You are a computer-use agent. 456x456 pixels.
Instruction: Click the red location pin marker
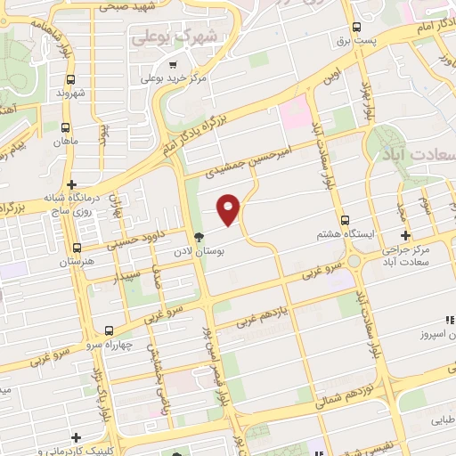tap(229, 209)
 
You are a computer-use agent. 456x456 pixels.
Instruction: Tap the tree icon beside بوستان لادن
tap(200, 237)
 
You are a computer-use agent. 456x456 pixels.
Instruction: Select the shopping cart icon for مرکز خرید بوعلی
tap(173, 64)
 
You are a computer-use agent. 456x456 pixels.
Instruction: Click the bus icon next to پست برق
tap(357, 28)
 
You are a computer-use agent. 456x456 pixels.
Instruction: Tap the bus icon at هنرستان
tap(77, 248)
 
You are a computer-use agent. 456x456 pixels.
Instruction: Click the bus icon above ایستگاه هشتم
tap(345, 219)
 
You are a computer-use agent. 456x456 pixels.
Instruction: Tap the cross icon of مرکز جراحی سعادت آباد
tap(405, 236)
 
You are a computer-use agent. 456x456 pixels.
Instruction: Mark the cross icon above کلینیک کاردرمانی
tap(77, 437)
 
